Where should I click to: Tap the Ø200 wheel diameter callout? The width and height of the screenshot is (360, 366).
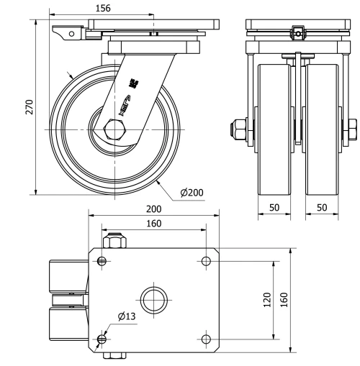pos(194,192)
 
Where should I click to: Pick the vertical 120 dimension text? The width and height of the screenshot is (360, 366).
pos(267,299)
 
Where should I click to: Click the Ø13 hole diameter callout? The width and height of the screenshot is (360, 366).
pos(125,317)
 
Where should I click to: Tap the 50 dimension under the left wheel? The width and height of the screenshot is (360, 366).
pos(274,206)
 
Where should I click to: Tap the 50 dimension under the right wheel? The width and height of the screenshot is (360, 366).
pos(323,206)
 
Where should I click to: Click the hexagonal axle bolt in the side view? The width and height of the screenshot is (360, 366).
pos(114,130)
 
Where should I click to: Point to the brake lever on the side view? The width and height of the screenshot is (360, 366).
pos(66,32)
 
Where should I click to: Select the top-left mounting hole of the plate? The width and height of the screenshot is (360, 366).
pos(103,260)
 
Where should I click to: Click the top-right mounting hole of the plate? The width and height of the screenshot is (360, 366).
pos(207,260)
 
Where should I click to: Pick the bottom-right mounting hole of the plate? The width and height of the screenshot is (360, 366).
pos(207,338)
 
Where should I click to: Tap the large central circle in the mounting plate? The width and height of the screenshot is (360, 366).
pos(155,299)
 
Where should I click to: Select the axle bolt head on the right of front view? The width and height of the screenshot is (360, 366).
pos(352,130)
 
